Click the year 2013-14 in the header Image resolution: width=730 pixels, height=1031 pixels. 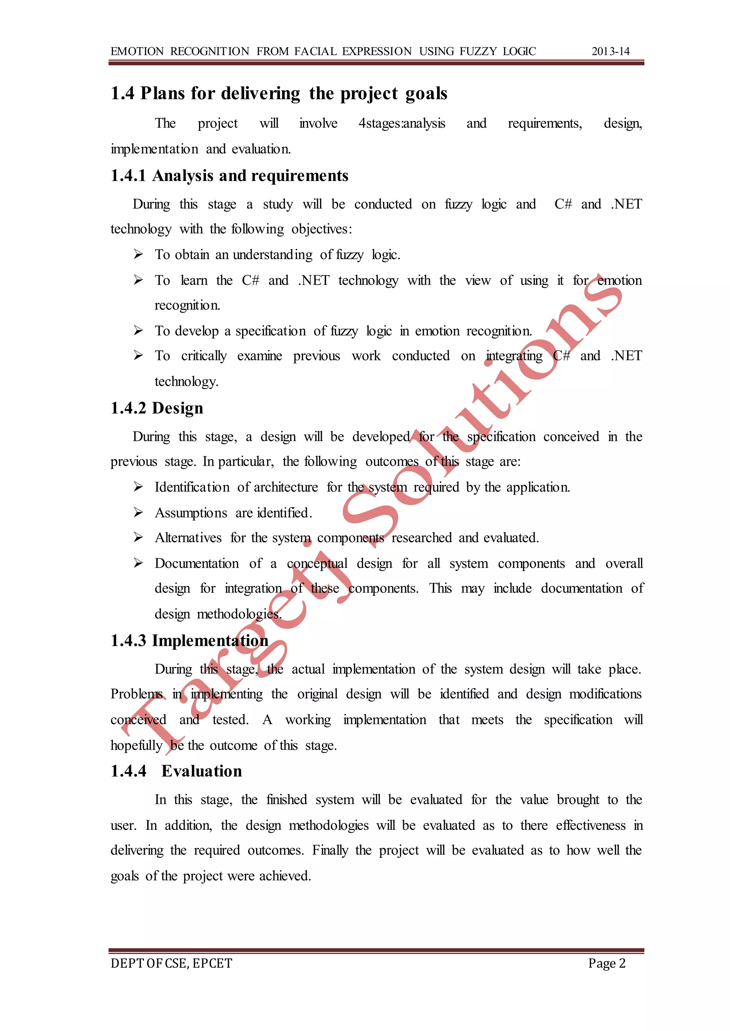[x=611, y=51]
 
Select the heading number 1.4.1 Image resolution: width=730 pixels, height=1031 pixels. [x=128, y=176]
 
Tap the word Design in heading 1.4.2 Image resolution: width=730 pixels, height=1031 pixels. [x=178, y=408]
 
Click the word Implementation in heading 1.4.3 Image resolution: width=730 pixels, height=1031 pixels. [x=210, y=640]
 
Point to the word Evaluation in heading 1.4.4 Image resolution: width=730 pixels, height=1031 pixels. [x=202, y=771]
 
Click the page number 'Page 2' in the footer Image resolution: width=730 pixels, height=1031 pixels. [x=607, y=963]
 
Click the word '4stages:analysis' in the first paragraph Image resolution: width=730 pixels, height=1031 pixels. [x=401, y=124]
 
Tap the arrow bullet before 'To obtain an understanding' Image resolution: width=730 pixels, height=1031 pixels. [x=138, y=255]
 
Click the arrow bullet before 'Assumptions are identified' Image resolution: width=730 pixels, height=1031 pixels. [x=138, y=512]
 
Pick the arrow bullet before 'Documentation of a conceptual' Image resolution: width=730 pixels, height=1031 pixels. [x=138, y=563]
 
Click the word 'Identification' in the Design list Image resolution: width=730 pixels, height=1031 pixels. [x=192, y=487]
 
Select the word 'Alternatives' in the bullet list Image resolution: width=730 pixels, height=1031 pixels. [x=188, y=538]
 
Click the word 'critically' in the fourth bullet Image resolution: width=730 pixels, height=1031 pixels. [x=204, y=356]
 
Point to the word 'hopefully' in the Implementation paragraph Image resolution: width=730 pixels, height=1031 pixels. [x=136, y=745]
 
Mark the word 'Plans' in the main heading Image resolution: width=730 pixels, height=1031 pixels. [x=162, y=93]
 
